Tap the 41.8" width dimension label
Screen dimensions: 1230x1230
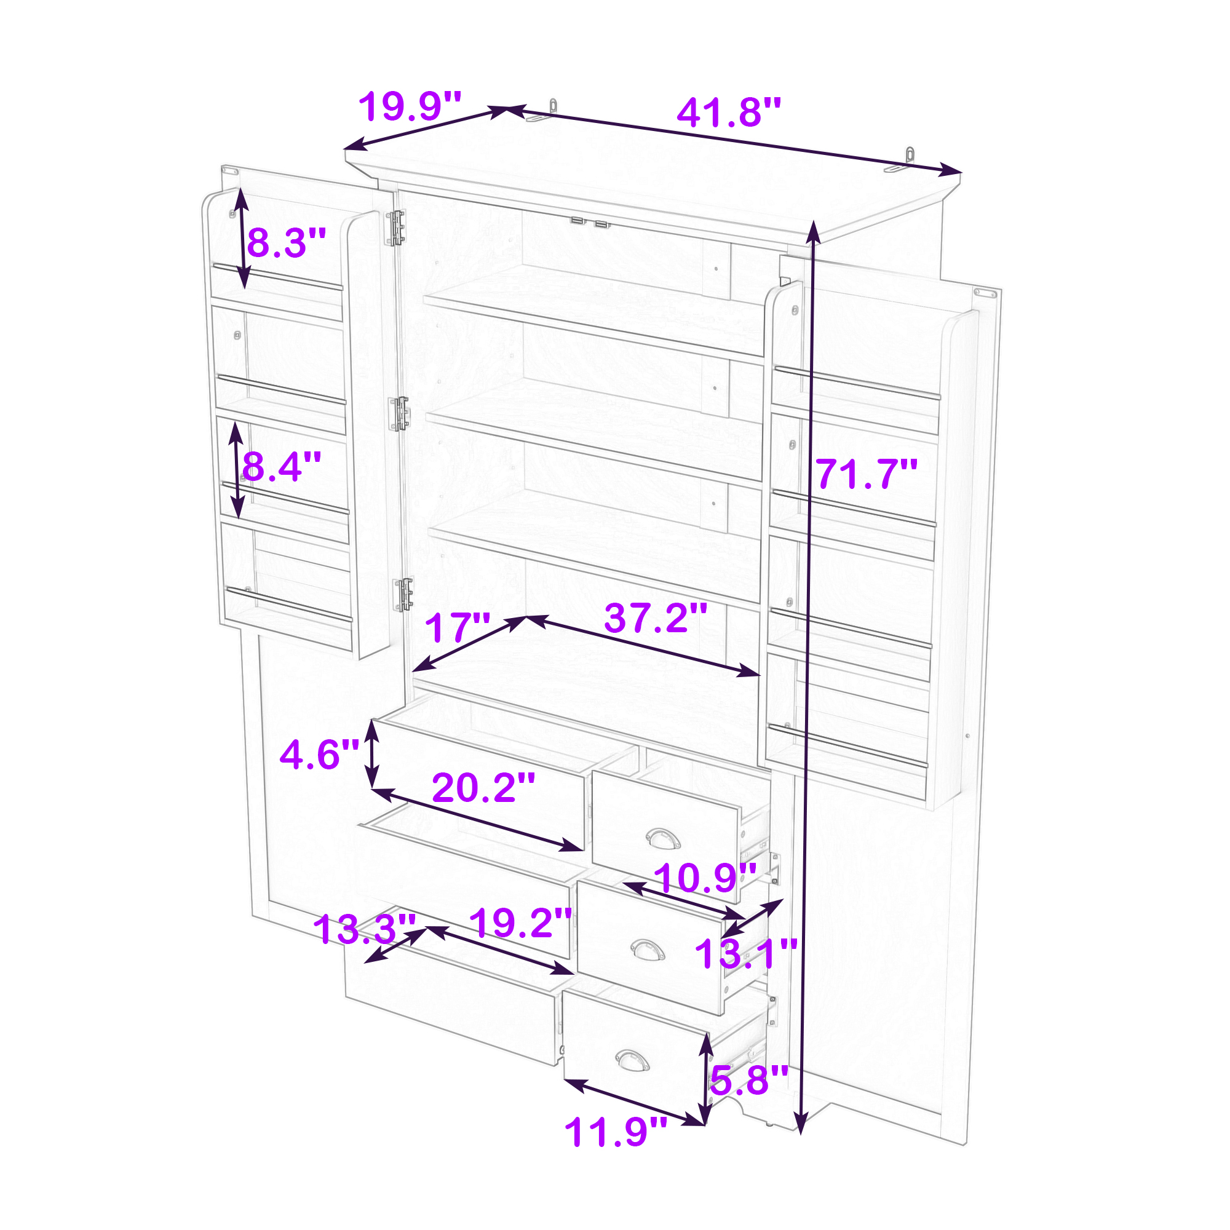[728, 112]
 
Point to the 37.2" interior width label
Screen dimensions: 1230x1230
[656, 617]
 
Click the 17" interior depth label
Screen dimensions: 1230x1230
[458, 628]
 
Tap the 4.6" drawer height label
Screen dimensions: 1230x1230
[320, 755]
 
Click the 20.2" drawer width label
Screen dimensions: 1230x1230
[484, 788]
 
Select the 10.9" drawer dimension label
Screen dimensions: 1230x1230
[705, 878]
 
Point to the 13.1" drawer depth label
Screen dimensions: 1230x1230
[746, 954]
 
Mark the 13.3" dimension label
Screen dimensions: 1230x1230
[365, 929]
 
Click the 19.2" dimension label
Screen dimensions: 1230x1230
[521, 922]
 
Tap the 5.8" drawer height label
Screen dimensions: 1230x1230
[749, 1080]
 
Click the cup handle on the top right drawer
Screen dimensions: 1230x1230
[663, 839]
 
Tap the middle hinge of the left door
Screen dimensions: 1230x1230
[400, 414]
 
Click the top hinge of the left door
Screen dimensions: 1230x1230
[395, 228]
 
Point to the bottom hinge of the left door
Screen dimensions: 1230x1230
[403, 594]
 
